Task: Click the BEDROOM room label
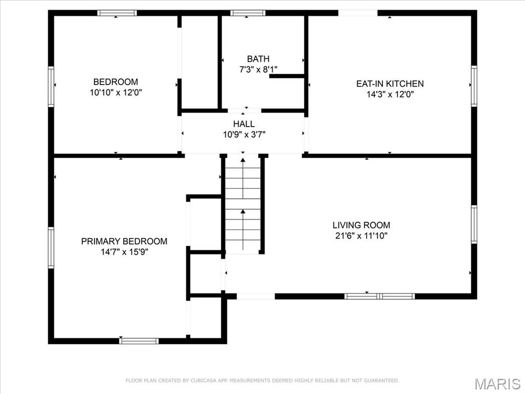(x=115, y=82)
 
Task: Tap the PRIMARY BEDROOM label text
(x=124, y=241)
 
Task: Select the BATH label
(x=258, y=59)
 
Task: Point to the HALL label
(x=244, y=124)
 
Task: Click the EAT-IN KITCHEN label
(x=390, y=84)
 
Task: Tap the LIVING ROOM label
(x=361, y=225)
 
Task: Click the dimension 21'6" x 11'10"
(x=361, y=236)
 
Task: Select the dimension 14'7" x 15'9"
(x=125, y=252)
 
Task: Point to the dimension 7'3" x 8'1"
(x=258, y=70)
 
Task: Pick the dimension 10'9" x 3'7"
(x=245, y=135)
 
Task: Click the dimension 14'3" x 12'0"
(x=390, y=94)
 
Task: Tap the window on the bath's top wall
(x=248, y=13)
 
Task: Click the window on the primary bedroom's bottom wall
(x=139, y=341)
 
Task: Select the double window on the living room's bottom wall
(x=380, y=296)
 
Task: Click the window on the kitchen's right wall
(x=474, y=86)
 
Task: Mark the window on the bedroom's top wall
(x=117, y=13)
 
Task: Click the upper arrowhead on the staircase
(x=243, y=160)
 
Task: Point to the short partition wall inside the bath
(x=287, y=76)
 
